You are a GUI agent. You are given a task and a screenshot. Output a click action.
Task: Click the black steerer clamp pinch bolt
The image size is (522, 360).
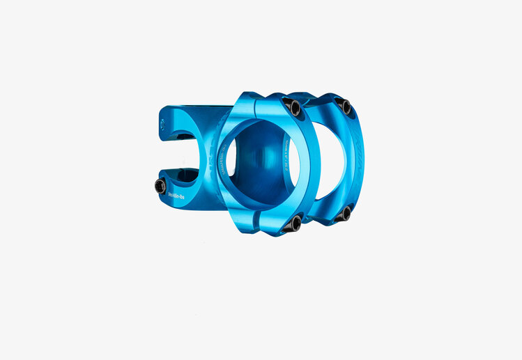[x=160, y=185]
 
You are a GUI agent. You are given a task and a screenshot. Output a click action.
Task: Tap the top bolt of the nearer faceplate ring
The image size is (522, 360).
[x=293, y=107]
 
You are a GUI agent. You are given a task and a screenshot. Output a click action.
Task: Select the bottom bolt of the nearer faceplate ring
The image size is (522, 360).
[x=295, y=223]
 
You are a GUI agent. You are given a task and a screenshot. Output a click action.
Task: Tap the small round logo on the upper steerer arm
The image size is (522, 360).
[x=162, y=125]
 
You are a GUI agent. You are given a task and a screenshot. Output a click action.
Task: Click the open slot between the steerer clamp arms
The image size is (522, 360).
[x=171, y=155]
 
